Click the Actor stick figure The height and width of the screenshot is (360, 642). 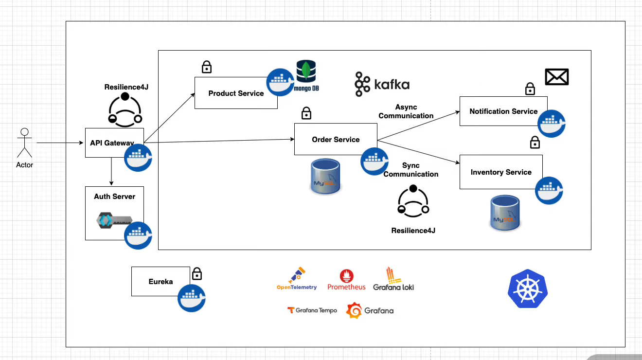click(x=24, y=143)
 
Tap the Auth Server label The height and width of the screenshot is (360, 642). click(x=114, y=197)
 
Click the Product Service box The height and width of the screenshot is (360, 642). click(x=236, y=93)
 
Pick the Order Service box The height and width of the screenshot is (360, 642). click(x=336, y=140)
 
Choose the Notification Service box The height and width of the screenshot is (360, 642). click(x=503, y=111)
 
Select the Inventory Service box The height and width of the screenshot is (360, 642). click(x=501, y=172)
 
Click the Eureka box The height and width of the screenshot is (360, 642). click(x=160, y=282)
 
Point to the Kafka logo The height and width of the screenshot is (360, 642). click(x=382, y=84)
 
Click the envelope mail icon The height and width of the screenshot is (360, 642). click(x=557, y=77)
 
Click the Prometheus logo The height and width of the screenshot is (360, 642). click(x=346, y=280)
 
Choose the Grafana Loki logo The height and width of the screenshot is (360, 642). click(x=393, y=279)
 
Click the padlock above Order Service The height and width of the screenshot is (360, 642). click(x=306, y=113)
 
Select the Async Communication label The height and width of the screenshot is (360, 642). click(x=406, y=111)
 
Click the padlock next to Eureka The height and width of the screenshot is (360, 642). click(x=197, y=274)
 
